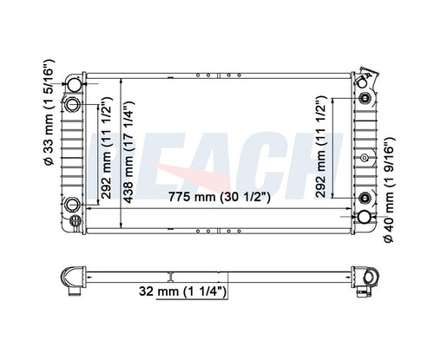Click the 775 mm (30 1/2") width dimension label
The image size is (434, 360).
(220, 197)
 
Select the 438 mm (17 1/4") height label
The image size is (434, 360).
(128, 152)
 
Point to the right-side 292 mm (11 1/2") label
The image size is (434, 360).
(320, 147)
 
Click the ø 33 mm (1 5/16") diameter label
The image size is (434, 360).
(49, 112)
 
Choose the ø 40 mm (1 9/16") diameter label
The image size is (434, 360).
(389, 190)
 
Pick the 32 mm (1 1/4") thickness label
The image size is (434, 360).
(182, 291)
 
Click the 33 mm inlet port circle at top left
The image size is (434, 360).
(74, 84)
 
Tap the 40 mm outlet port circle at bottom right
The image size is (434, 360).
(364, 217)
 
